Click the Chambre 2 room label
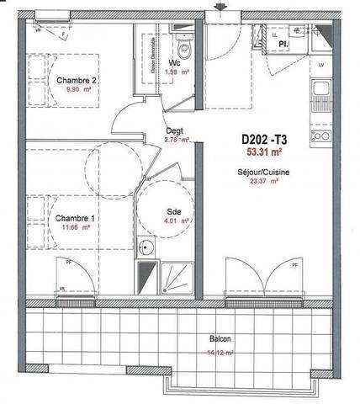click(x=75, y=81)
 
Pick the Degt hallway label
click(x=175, y=130)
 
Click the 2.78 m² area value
click(x=176, y=141)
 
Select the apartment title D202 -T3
click(x=263, y=141)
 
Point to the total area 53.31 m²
click(x=263, y=153)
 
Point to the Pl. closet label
click(x=284, y=40)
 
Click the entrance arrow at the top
click(x=221, y=8)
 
